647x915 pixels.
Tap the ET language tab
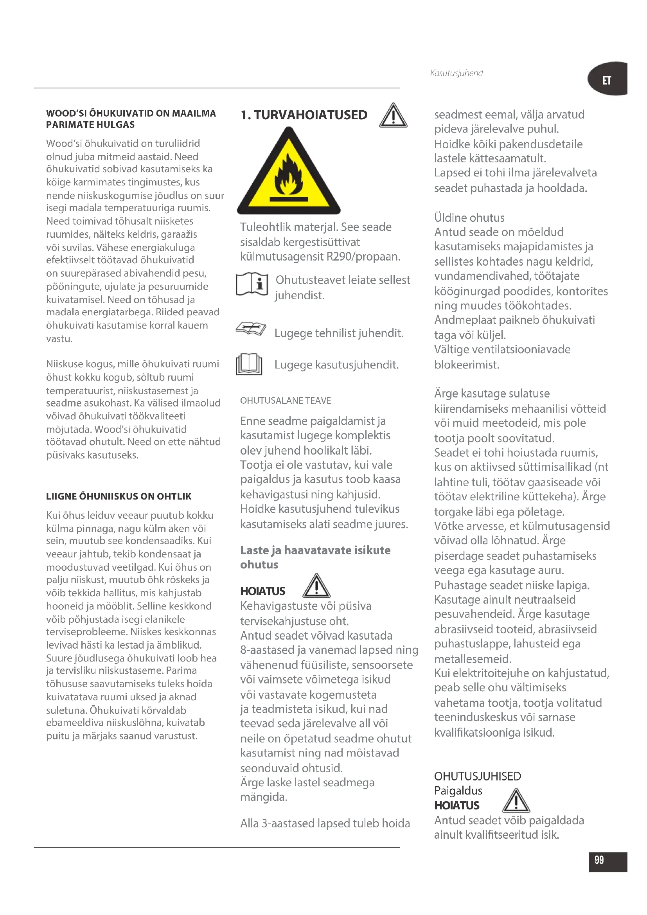click(607, 80)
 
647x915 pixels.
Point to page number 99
click(599, 859)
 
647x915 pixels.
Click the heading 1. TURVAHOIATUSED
click(304, 115)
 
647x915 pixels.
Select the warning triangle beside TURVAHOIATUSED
click(393, 116)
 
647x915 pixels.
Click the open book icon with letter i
click(252, 284)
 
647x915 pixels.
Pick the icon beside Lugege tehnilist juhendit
click(251, 329)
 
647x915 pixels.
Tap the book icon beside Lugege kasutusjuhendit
click(249, 364)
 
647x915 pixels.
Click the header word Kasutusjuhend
click(456, 73)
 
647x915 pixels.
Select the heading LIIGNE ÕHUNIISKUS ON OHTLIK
click(119, 496)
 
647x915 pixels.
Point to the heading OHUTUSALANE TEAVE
click(285, 400)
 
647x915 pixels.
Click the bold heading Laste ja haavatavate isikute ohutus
click(315, 557)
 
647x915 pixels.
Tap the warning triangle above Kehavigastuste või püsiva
click(316, 586)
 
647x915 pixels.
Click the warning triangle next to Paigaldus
click(516, 801)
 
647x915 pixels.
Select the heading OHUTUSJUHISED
click(477, 776)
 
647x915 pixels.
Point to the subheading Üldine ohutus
click(469, 218)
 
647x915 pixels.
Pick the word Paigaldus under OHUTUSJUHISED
click(458, 791)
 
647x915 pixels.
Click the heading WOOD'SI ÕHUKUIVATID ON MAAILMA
click(131, 113)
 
